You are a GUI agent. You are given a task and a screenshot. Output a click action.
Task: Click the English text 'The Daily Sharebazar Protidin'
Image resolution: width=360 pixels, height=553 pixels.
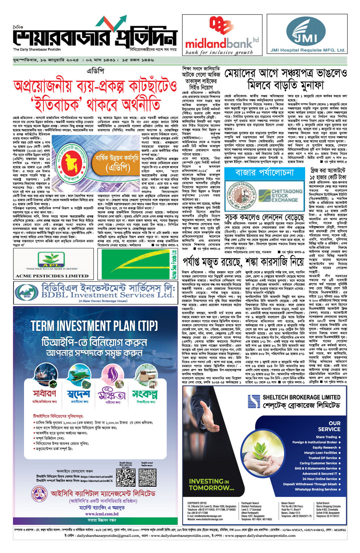click(x=37, y=50)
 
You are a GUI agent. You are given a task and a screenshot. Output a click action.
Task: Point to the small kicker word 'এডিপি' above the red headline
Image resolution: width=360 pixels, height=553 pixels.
click(x=95, y=71)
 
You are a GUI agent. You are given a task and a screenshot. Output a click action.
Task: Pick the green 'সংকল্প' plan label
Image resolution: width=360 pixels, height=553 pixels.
click(x=145, y=393)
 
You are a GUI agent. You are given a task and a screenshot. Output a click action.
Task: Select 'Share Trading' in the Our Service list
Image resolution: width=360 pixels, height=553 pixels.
click(x=326, y=437)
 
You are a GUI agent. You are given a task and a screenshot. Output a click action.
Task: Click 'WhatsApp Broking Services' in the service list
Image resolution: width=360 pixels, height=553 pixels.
click(x=316, y=489)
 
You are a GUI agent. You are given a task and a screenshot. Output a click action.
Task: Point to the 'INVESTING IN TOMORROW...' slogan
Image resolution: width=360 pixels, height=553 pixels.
click(x=208, y=484)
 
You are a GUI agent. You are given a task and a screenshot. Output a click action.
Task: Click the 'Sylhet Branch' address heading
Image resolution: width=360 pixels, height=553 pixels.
click(x=323, y=503)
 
